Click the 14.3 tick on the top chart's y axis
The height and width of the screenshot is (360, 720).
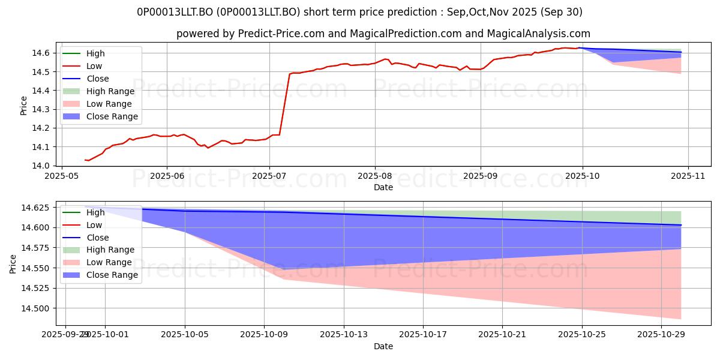pos(43,109)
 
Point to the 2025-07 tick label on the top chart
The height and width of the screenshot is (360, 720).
pos(269,176)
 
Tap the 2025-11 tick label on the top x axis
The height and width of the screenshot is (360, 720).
pos(688,176)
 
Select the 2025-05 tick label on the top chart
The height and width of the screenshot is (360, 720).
pos(61,176)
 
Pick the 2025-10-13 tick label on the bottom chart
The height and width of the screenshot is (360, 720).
pos(344,334)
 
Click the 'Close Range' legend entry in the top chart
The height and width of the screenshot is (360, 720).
pos(112,116)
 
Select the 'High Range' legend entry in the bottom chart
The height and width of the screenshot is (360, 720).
pos(112,250)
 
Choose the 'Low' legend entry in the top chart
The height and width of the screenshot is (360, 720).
pos(94,66)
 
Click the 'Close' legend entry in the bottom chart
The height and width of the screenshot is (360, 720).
pos(97,238)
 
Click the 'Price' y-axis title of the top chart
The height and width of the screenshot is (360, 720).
pos(23,106)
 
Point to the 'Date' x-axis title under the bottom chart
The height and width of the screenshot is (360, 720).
pos(383,346)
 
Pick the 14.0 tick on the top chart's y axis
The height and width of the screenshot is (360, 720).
pos(43,166)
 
